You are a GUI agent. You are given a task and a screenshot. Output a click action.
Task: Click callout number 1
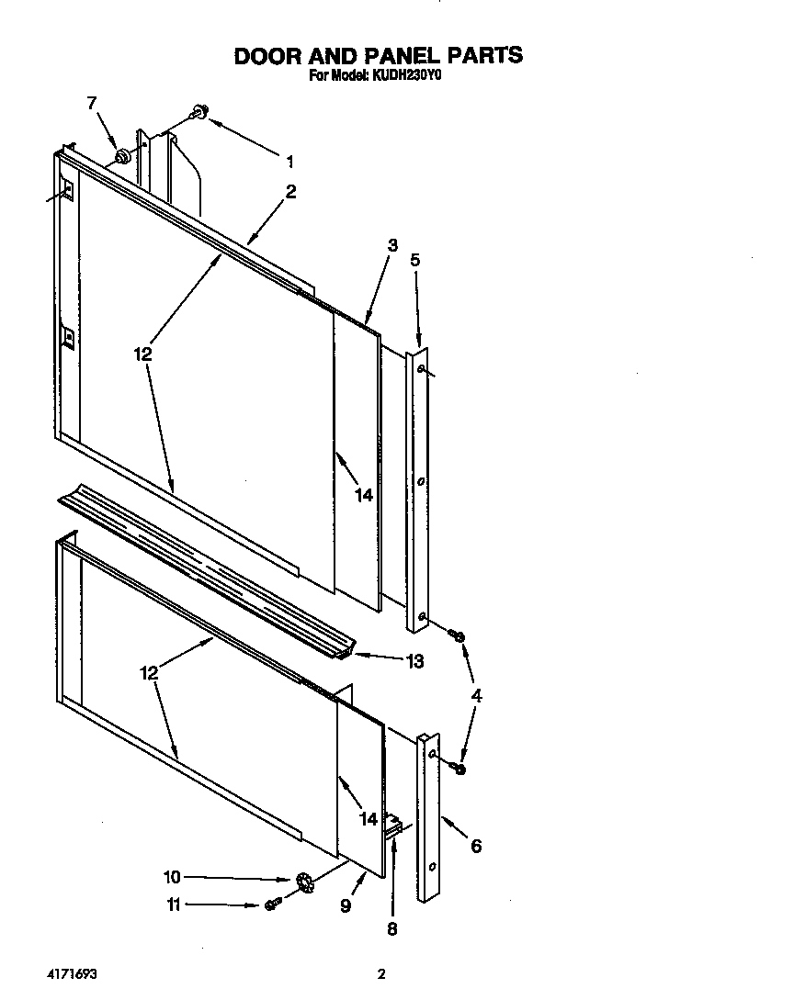pyautogui.click(x=289, y=162)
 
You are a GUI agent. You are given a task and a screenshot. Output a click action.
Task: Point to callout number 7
pyautogui.click(x=92, y=103)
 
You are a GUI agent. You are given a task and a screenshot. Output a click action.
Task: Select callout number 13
pyautogui.click(x=414, y=661)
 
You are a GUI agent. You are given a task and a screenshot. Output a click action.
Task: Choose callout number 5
pyautogui.click(x=414, y=260)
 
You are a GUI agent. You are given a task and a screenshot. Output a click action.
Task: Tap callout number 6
pyautogui.click(x=475, y=846)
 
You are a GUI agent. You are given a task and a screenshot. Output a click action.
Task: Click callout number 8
pyautogui.click(x=391, y=928)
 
